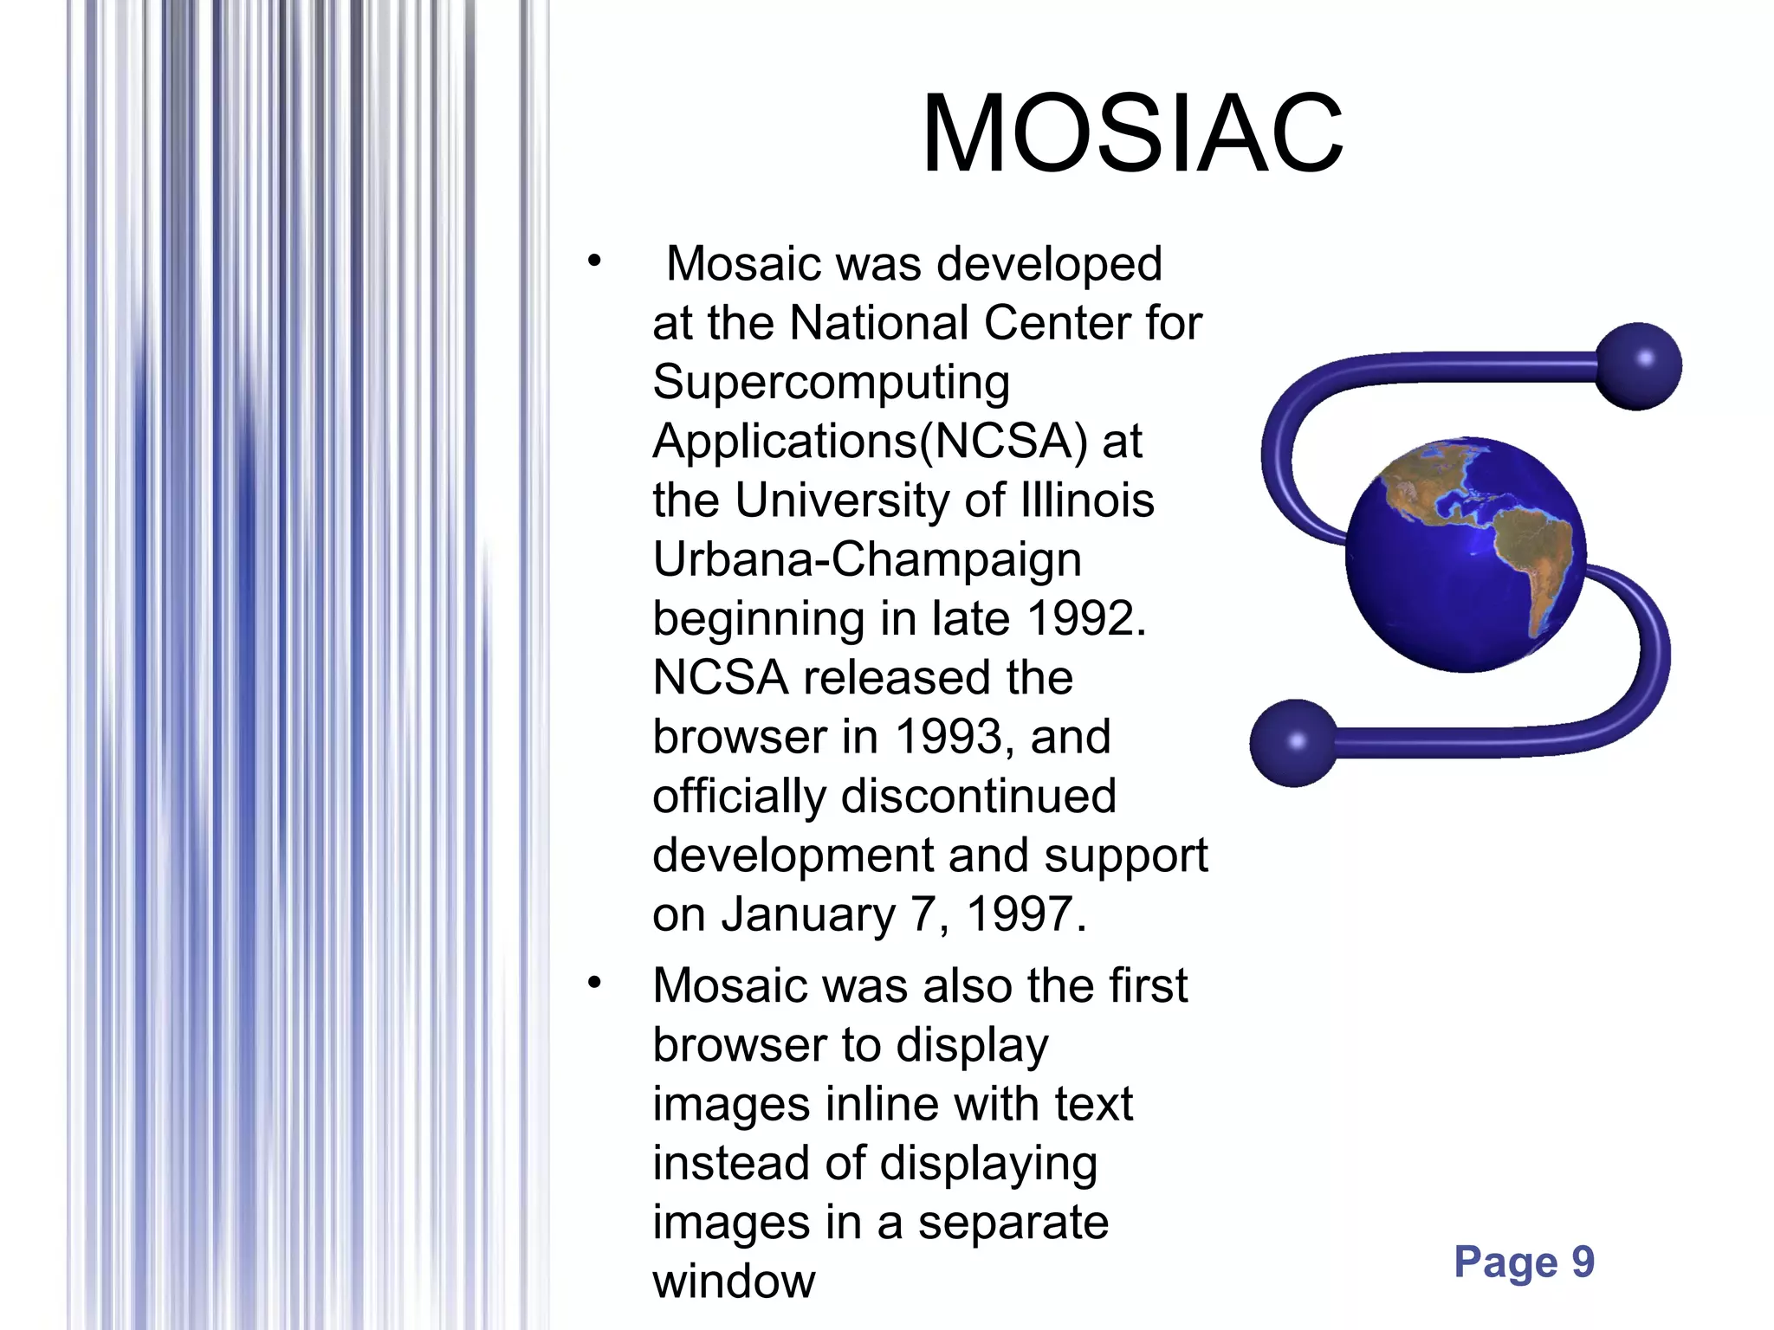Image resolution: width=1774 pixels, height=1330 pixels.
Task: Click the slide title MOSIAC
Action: pyautogui.click(x=1131, y=135)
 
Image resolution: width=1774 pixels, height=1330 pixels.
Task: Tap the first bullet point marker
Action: pyautogui.click(x=593, y=261)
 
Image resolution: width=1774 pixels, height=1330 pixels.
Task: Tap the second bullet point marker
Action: pyautogui.click(x=593, y=983)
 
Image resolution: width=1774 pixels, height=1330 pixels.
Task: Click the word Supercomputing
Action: pyautogui.click(x=831, y=383)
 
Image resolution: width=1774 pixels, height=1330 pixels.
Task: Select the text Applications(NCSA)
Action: pyautogui.click(x=870, y=442)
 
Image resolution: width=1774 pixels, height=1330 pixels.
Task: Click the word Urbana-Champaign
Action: pyautogui.click(x=866, y=560)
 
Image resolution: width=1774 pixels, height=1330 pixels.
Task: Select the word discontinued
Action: pyautogui.click(x=978, y=796)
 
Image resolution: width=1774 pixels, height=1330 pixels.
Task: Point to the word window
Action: pyautogui.click(x=734, y=1282)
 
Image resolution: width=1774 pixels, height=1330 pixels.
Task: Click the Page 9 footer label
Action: pyautogui.click(x=1524, y=1262)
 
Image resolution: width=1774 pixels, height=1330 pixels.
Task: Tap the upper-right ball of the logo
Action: pyautogui.click(x=1638, y=365)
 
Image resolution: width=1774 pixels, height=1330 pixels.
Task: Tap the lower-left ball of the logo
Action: pyautogui.click(x=1294, y=743)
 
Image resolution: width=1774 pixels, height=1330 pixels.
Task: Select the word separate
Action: pyautogui.click(x=1013, y=1223)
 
